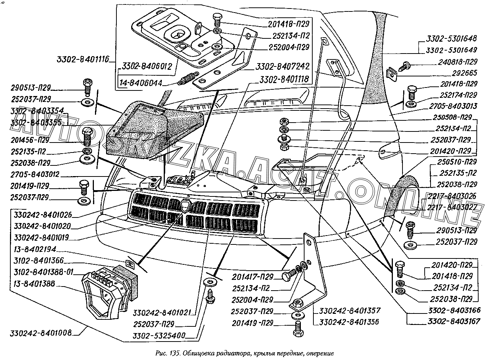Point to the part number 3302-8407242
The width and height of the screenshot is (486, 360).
(x=282, y=67)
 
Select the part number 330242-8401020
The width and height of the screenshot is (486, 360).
(x=41, y=226)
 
